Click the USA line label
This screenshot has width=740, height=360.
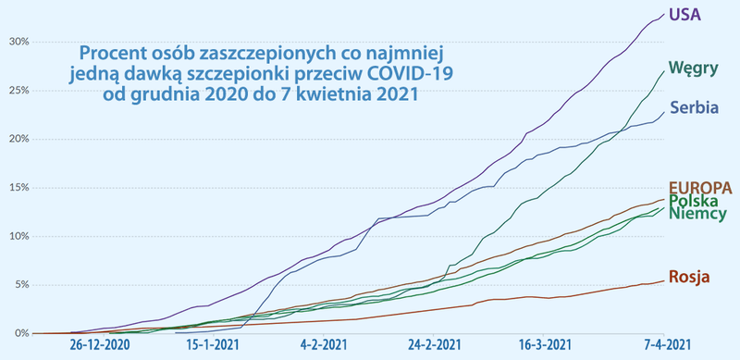685,15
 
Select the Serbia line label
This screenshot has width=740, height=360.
695,107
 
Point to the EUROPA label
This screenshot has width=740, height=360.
702,188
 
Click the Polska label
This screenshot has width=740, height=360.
697,201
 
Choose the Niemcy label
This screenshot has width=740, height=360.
698,215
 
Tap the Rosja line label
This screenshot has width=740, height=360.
692,275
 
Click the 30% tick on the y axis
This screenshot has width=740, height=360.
19,42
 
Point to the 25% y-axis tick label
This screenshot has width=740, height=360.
19,91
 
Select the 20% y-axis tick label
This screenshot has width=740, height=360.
19,139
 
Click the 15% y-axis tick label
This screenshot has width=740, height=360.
19,188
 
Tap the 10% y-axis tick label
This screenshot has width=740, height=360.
19,236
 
